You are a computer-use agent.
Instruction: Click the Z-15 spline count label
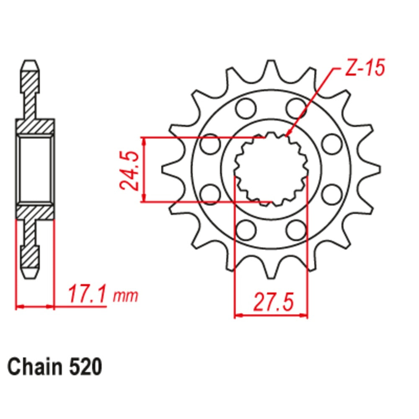pos(365,67)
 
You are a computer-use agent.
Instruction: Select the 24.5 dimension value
pos(129,171)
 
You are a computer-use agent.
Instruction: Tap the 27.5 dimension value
pos(273,302)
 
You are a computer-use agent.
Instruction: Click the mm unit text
pos(125,296)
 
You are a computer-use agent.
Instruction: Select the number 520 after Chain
pos(86,367)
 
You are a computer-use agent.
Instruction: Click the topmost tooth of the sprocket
pos(271,70)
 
